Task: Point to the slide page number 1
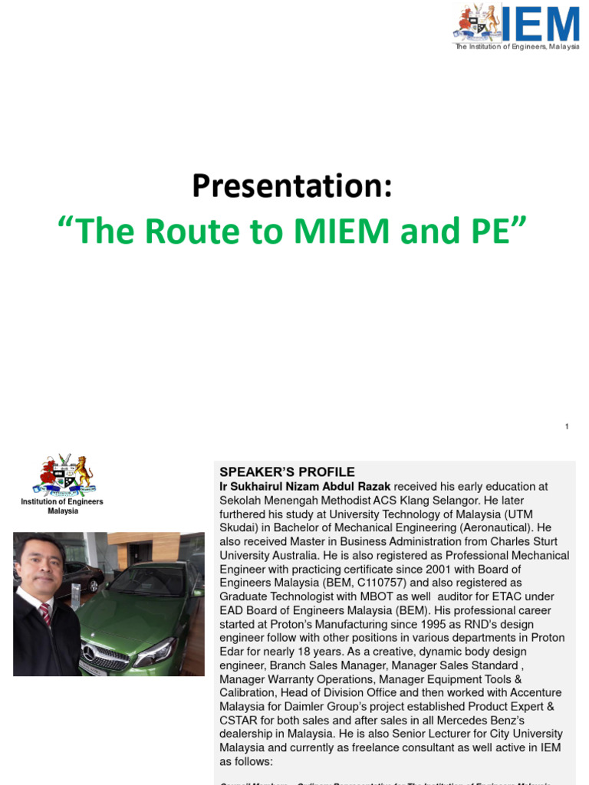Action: pos(567,426)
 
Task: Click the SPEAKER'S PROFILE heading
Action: pos(287,471)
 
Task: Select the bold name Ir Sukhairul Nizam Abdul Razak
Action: pos(305,486)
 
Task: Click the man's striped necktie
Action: pos(45,614)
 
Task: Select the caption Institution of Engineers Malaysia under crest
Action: pos(62,506)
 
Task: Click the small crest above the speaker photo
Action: pos(63,475)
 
